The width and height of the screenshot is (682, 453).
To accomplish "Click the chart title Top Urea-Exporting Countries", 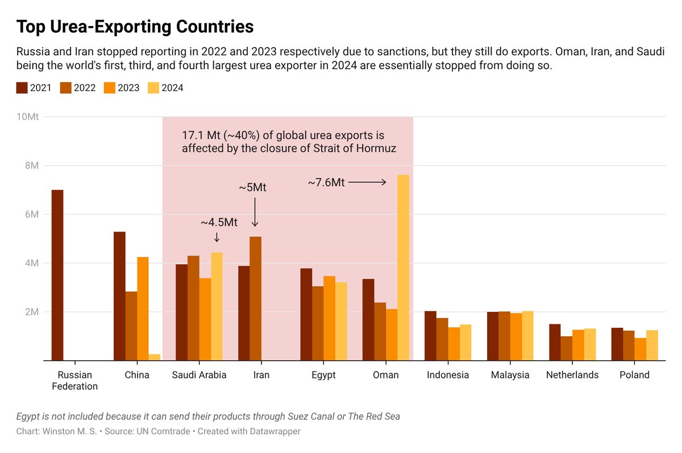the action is pos(135,27).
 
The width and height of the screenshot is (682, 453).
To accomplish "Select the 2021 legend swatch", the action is pos(22,88).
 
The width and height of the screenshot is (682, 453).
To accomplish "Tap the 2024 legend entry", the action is pos(165,88).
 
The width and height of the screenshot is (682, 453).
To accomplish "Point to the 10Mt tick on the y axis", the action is pos(27,117).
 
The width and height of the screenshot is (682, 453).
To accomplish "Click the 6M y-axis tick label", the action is pos(32,215).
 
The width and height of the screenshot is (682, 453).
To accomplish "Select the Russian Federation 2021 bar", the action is pos(57,275).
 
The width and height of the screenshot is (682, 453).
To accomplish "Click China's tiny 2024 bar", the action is pos(155,357).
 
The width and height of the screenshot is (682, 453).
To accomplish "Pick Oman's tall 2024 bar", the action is pos(404,267).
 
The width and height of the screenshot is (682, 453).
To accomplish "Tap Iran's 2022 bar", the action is pos(255,299).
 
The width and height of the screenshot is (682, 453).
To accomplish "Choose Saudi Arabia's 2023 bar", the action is pos(205,319).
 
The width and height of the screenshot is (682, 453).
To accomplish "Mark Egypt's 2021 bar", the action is pos(306,315).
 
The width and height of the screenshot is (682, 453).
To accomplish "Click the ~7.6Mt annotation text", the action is pos(326,183).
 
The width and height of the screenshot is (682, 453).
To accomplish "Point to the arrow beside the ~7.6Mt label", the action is pos(367,182).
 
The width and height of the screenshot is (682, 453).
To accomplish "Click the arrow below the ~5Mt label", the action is pos(255,212).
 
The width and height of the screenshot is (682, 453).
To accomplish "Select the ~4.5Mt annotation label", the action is pos(219,223).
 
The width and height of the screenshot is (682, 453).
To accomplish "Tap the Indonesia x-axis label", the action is pos(448,374).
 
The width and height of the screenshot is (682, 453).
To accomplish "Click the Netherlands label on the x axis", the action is pos(572,374).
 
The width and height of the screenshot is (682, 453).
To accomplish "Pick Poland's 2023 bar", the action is pos(641,349).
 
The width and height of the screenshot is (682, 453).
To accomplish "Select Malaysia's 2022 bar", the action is pos(504,336).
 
